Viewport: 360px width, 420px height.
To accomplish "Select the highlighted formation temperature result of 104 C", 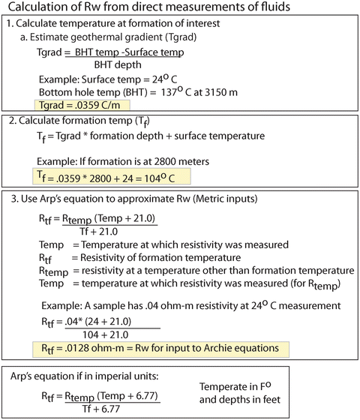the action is pos(112,176).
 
